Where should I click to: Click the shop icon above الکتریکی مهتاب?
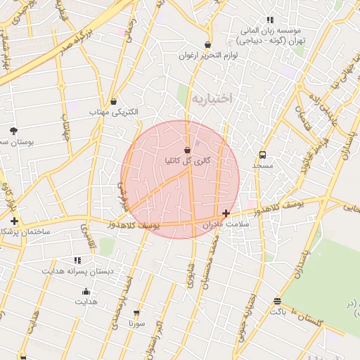(x=114, y=101)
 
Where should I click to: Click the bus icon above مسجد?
(x=262, y=155)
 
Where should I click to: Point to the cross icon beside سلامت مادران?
(x=226, y=213)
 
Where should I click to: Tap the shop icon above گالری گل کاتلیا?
(x=187, y=150)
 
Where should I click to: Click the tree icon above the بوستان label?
(x=13, y=130)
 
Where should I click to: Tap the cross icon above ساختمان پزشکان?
(x=14, y=221)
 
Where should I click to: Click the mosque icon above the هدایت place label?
(x=86, y=291)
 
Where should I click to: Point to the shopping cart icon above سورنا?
(x=136, y=313)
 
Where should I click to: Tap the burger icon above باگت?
(x=277, y=301)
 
